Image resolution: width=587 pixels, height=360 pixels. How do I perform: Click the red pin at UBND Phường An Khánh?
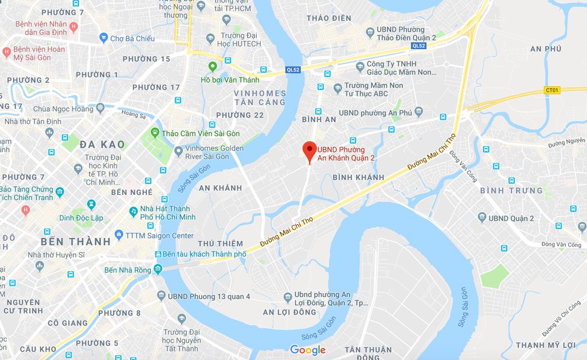click(310, 151)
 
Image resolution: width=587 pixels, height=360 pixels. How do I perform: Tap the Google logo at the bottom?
click(308, 350)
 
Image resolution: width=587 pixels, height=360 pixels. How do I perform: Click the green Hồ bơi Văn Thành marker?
click(213, 67)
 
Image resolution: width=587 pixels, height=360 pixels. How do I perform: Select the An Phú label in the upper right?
click(545, 49)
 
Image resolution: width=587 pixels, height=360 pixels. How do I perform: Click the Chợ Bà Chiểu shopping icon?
click(103, 38)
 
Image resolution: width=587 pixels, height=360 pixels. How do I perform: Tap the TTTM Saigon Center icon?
click(119, 235)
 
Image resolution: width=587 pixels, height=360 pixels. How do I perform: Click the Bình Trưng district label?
click(511, 190)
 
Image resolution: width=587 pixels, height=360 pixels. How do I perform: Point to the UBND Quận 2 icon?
click(482, 218)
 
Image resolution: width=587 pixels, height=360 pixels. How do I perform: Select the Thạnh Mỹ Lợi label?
click(545, 345)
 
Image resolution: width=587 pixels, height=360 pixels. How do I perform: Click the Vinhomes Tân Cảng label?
click(260, 97)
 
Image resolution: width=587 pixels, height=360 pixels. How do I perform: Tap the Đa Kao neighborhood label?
click(102, 144)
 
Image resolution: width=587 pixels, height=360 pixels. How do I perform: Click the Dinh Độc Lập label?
click(81, 218)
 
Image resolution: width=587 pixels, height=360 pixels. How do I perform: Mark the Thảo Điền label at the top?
click(328, 18)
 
